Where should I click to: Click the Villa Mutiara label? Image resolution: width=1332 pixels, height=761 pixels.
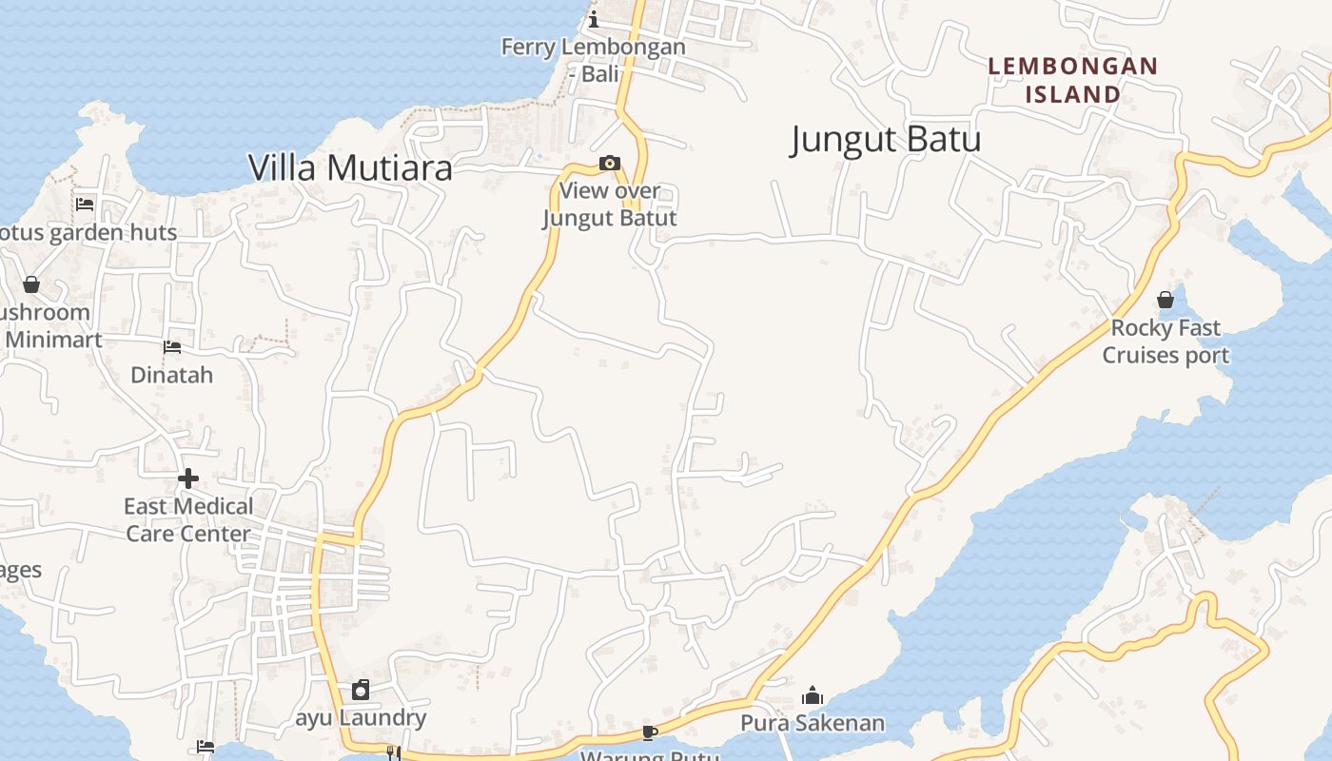(x=350, y=168)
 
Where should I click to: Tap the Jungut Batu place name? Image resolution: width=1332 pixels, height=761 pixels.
(x=885, y=140)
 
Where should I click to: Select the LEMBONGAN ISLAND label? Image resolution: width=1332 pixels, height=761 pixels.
(x=1072, y=80)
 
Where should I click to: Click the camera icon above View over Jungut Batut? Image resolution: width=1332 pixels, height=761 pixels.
(x=610, y=164)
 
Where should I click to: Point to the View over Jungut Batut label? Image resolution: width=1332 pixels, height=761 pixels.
(x=610, y=205)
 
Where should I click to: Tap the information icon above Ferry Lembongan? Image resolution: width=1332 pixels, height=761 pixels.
(x=594, y=18)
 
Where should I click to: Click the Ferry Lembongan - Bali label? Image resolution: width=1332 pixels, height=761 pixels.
(x=593, y=60)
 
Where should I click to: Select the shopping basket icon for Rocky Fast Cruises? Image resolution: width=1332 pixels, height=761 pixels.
(x=1165, y=301)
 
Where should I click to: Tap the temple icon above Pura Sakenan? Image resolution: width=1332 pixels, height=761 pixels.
(x=812, y=695)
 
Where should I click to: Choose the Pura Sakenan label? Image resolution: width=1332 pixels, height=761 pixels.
(x=813, y=723)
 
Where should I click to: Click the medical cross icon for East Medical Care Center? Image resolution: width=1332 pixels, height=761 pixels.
(x=188, y=478)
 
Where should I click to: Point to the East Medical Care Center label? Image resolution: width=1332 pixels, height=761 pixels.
(x=188, y=519)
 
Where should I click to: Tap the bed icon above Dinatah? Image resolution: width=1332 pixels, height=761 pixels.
(x=172, y=347)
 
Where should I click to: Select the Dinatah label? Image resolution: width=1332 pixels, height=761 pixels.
(x=172, y=375)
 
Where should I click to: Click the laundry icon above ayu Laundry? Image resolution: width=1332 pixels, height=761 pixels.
(x=361, y=690)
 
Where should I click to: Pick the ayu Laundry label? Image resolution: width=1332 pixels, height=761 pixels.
(x=361, y=717)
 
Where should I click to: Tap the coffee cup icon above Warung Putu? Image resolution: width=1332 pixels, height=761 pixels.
(x=650, y=732)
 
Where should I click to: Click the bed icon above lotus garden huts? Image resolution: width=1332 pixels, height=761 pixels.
(x=85, y=204)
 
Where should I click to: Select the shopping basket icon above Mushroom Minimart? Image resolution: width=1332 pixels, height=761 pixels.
(x=31, y=284)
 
